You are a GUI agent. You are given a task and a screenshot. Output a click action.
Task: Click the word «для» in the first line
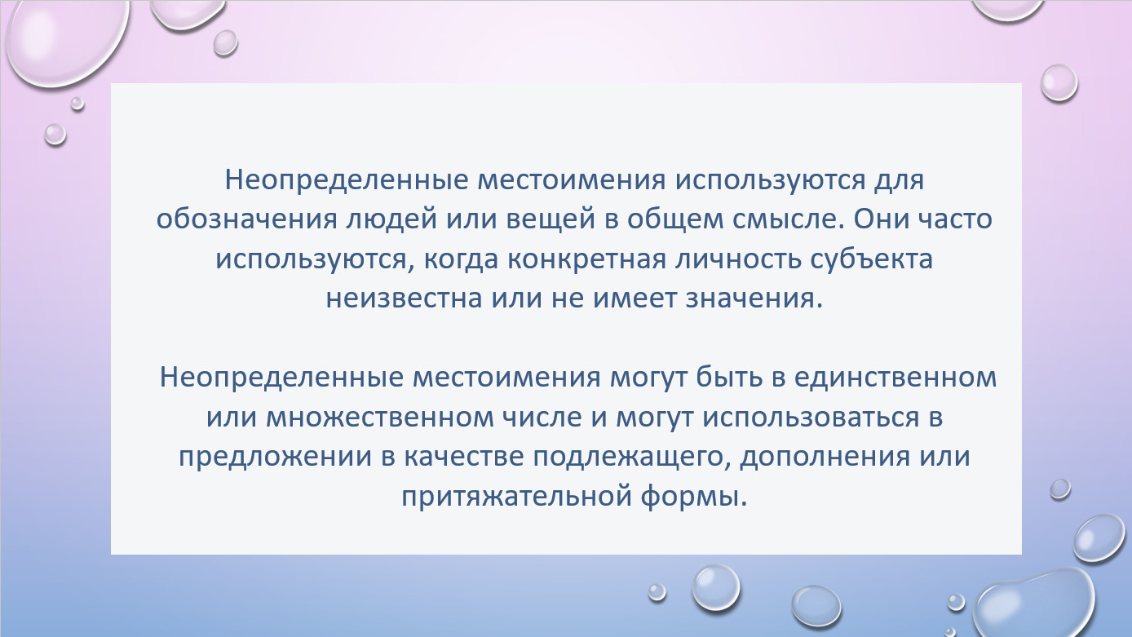tap(900, 180)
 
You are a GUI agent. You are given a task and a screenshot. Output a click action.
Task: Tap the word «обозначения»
tap(246, 220)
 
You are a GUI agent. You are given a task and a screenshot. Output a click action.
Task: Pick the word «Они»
tap(880, 219)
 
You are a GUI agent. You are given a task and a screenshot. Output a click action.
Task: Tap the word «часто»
tap(955, 220)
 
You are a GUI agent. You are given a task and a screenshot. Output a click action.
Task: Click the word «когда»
tap(461, 259)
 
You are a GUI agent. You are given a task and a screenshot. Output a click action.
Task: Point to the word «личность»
tap(738, 259)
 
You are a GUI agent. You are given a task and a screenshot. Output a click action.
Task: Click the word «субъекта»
tap(872, 259)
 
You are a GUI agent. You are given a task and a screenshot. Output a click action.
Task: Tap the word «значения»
tap(754, 299)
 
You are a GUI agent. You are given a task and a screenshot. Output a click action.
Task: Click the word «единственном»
tap(895, 378)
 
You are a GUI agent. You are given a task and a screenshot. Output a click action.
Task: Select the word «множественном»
tap(380, 418)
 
